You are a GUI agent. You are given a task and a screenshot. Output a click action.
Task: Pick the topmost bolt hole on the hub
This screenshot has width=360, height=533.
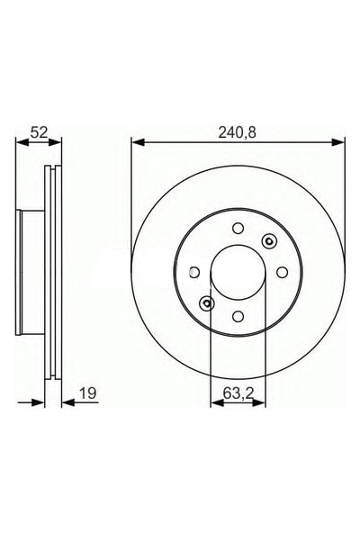click(238, 229)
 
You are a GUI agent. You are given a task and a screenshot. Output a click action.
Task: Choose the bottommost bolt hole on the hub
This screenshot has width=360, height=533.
click(238, 314)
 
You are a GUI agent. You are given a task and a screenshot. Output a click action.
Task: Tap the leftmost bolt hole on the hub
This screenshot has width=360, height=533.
click(195, 271)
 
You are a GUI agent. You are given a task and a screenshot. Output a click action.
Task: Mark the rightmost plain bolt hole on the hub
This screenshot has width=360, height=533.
click(281, 271)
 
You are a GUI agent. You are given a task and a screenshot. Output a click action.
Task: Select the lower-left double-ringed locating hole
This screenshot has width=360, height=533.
click(207, 303)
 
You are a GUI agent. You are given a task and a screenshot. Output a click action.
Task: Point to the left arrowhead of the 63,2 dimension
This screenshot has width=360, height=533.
click(215, 403)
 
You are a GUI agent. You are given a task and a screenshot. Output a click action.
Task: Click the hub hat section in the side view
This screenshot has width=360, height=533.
click(31, 271)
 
